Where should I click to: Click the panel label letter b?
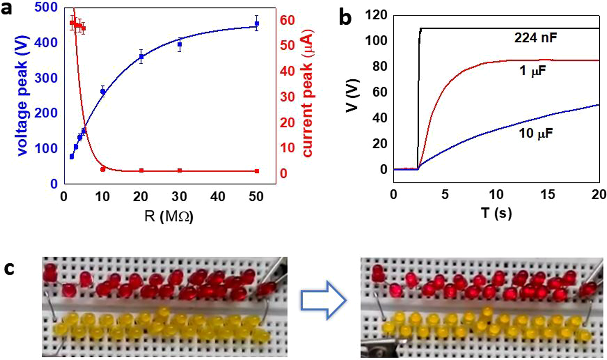click(345, 18)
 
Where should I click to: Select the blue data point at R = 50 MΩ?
click(257, 24)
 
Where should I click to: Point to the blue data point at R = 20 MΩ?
click(141, 57)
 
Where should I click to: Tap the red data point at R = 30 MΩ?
click(180, 170)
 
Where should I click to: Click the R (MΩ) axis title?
click(169, 217)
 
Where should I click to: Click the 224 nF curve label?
click(535, 38)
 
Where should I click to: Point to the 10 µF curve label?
click(535, 132)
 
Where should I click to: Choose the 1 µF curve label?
click(534, 71)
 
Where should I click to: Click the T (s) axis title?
click(497, 212)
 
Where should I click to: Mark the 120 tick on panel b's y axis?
click(376, 15)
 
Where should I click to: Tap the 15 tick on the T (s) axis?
click(548, 195)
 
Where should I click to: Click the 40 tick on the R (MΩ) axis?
click(218, 197)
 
